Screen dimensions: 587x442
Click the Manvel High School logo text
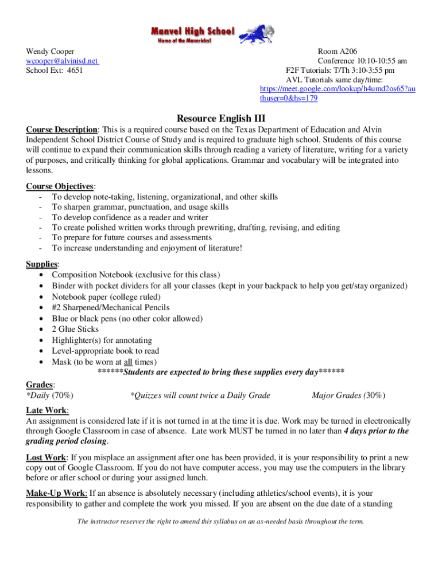192,31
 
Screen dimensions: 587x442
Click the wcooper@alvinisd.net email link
63,61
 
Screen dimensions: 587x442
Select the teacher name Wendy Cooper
50,52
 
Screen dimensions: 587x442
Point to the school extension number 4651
75,71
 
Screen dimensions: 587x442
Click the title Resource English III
221,119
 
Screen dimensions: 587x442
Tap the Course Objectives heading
60,186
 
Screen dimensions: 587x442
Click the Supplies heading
42,264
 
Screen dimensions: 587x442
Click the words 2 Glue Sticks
75,329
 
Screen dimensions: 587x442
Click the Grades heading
40,383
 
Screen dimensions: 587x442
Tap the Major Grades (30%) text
348,395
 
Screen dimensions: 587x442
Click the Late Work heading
47,410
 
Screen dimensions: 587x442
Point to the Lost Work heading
46,457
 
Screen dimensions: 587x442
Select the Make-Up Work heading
56,493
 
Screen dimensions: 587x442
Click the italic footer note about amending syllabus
221,522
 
